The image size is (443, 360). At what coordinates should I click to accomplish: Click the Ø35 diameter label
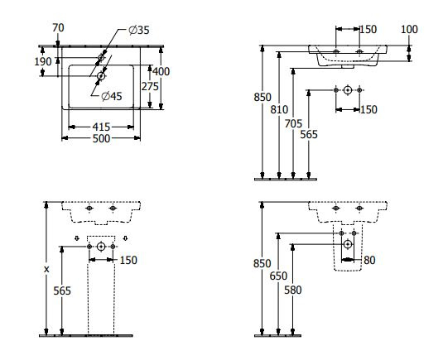click(139, 30)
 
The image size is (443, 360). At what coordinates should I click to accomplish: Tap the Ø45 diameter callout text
click(112, 96)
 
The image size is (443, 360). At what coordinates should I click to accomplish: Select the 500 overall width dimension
click(101, 139)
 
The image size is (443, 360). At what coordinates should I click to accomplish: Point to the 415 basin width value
click(101, 127)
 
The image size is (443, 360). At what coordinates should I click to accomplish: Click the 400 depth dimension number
click(161, 72)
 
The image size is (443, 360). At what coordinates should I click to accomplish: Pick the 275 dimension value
click(150, 86)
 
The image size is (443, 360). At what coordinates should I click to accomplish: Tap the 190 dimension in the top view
click(43, 61)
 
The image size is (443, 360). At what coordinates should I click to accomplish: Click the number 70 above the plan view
click(58, 27)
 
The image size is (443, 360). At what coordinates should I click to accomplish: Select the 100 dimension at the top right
click(409, 29)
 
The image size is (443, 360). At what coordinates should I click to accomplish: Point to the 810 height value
click(279, 109)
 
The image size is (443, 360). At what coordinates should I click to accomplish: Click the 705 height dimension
click(293, 123)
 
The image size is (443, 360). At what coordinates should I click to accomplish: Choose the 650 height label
click(278, 276)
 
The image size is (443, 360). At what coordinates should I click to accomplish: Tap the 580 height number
click(293, 290)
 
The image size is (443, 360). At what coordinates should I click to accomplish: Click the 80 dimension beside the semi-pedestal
click(369, 261)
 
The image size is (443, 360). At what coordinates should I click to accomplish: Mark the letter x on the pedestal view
click(46, 269)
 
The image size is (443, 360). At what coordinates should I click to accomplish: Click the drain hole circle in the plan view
click(101, 76)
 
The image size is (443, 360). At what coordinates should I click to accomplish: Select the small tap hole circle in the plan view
click(101, 58)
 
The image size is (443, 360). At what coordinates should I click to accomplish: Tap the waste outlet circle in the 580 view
click(348, 244)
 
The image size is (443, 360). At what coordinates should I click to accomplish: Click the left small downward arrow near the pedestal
click(77, 238)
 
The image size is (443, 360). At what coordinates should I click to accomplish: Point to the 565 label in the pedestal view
click(62, 290)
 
